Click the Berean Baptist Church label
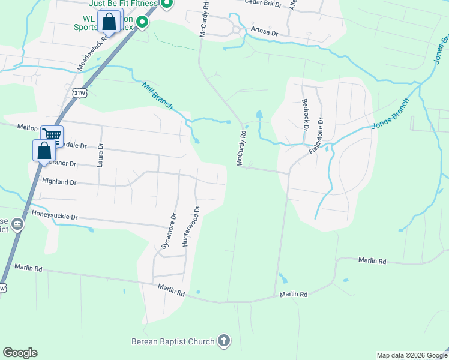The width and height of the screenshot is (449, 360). click(173, 341)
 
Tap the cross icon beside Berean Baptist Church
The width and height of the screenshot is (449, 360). click(223, 341)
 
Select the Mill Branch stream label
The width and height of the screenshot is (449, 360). click(158, 95)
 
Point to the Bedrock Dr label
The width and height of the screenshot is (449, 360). click(305, 115)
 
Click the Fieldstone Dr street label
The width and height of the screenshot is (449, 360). click(316, 136)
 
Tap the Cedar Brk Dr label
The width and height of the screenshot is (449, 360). click(263, 2)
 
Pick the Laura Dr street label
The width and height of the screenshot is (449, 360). click(100, 154)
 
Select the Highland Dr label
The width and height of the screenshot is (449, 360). click(59, 181)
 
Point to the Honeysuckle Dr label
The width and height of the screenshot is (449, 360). click(55, 214)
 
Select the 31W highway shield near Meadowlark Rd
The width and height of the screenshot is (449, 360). click(80, 93)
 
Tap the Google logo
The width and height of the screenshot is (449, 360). click(20, 353)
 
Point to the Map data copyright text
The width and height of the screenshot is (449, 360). click(411, 355)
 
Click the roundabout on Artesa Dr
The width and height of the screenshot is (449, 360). click(236, 29)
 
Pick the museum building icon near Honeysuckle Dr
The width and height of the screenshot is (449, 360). click(17, 225)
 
